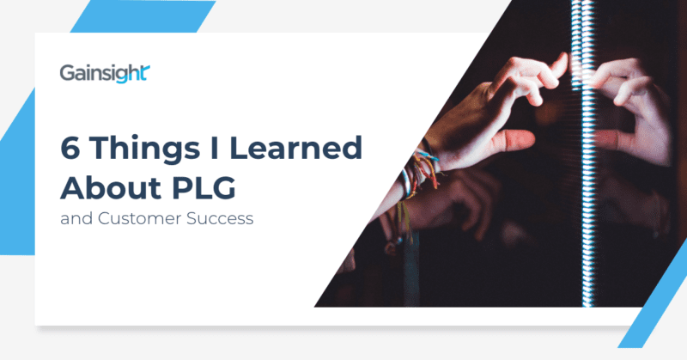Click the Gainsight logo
(x=106, y=73)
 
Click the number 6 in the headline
(x=70, y=148)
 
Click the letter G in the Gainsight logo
(x=66, y=73)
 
